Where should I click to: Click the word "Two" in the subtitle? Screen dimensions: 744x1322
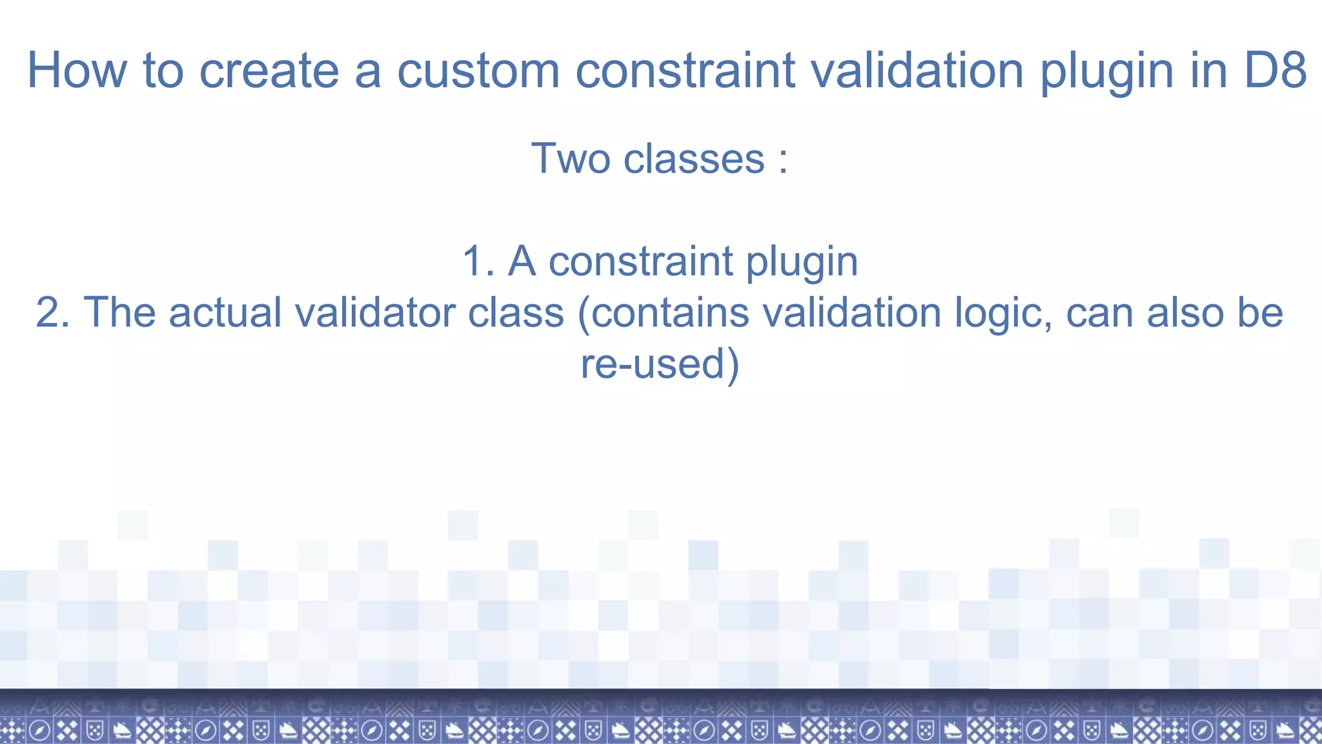pyautogui.click(x=571, y=158)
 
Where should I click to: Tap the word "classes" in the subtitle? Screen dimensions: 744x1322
pyautogui.click(x=694, y=158)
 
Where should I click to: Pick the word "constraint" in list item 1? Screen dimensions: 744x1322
pyautogui.click(x=641, y=262)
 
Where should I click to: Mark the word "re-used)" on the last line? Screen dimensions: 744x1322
pyautogui.click(x=660, y=364)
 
